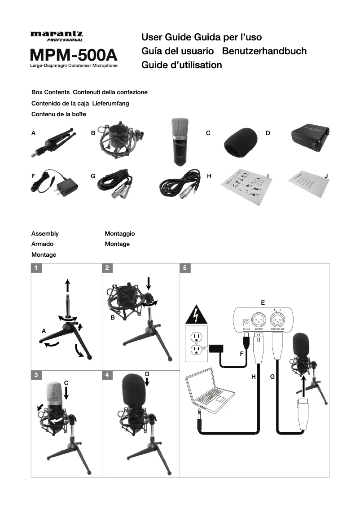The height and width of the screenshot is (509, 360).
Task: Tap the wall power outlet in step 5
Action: tap(196, 343)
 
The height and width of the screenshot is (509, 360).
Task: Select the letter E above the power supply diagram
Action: tap(263, 303)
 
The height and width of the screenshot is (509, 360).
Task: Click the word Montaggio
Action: tap(119, 233)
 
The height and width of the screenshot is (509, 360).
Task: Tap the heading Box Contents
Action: tap(50, 92)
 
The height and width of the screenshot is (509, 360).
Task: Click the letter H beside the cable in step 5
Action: tap(253, 377)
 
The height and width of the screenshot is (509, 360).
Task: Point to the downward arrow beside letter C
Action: tap(66, 393)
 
